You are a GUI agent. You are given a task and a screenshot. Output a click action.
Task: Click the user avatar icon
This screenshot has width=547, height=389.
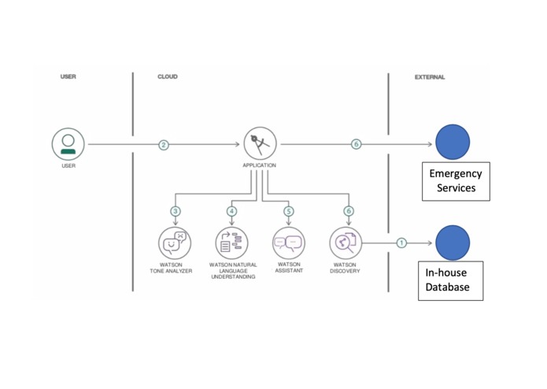[68, 144]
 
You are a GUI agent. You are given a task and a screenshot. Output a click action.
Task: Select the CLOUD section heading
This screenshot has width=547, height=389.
[168, 76]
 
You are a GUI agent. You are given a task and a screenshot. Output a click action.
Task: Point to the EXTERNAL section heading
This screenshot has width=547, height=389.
[430, 77]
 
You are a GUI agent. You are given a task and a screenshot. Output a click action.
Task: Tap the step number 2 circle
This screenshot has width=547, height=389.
[164, 145]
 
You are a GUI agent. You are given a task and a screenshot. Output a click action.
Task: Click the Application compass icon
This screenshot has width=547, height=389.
[260, 143]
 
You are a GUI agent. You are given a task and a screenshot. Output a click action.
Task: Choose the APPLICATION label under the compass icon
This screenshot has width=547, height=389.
[259, 165]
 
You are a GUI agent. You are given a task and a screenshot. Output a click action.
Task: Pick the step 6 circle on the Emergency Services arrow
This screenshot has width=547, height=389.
[356, 144]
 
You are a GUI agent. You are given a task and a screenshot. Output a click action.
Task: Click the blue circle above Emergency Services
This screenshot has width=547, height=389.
[453, 142]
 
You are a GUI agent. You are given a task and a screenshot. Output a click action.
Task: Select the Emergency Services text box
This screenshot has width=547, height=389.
[456, 181]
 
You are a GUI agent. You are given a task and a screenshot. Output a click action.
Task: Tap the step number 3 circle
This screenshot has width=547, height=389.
[176, 211]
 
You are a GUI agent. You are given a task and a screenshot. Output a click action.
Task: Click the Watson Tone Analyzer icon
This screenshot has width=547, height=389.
[175, 243]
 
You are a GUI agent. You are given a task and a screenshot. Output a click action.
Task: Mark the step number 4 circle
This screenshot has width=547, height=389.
[231, 211]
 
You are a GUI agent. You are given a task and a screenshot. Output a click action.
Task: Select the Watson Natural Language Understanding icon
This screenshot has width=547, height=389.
[231, 243]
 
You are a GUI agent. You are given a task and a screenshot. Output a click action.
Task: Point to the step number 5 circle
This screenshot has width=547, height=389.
[289, 211]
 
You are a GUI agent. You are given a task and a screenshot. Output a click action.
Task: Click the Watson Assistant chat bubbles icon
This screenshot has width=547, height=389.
[289, 243]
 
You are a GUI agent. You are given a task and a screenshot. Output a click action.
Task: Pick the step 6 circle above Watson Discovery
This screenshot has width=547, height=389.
[349, 211]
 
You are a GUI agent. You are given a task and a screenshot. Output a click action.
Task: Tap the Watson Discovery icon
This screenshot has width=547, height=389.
[346, 243]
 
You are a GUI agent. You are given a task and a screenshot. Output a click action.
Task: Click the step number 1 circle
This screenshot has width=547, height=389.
[401, 243]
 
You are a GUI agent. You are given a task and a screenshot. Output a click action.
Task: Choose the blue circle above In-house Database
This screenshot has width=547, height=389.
[453, 243]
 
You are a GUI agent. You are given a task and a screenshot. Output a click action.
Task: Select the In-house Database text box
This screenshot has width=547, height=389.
[451, 281]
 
